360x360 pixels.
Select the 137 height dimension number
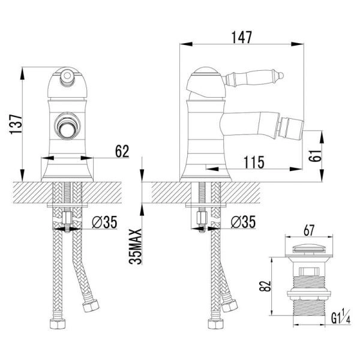[17, 125]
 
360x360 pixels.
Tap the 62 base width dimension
[122, 152]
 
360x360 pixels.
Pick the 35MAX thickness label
[138, 246]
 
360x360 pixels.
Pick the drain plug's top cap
[310, 249]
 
